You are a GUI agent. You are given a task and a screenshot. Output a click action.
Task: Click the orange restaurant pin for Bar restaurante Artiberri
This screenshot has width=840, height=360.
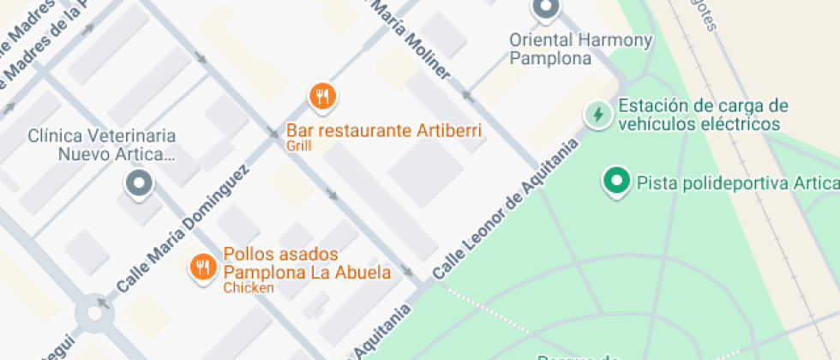[322, 97]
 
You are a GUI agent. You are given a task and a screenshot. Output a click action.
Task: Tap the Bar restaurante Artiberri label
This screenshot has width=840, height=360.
[384, 131]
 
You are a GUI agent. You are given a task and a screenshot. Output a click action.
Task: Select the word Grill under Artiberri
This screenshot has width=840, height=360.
[299, 146]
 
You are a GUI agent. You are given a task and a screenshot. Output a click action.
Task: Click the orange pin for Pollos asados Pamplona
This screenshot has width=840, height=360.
[202, 267]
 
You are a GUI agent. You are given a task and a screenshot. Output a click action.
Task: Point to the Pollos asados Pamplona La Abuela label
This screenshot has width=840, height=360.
[307, 264]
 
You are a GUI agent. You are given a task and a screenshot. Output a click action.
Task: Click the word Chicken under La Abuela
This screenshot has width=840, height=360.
[249, 288]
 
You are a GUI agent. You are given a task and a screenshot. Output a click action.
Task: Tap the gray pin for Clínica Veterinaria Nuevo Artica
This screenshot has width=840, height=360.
[138, 183]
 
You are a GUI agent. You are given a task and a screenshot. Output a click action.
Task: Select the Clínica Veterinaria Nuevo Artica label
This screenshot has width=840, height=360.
[102, 145]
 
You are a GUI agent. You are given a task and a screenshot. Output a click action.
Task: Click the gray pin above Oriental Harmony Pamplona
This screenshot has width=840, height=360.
[545, 9]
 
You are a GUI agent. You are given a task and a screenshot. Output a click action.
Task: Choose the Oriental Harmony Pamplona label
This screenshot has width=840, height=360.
[580, 49]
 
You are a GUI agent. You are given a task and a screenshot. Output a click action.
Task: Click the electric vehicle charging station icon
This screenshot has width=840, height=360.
[597, 114]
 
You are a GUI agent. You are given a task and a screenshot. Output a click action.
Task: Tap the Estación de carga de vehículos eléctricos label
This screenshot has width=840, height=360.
[702, 115]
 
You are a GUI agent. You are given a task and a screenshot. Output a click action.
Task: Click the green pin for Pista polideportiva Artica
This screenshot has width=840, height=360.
[615, 181]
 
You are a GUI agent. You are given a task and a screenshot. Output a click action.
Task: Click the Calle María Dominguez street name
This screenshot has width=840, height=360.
[183, 229]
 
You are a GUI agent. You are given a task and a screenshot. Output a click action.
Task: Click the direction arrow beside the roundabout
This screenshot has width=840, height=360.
[104, 303]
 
